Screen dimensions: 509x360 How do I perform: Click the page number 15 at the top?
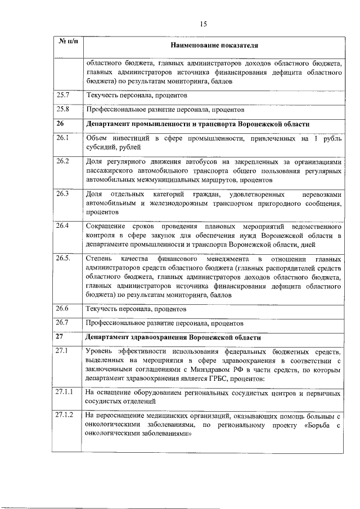tap(203, 23)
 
